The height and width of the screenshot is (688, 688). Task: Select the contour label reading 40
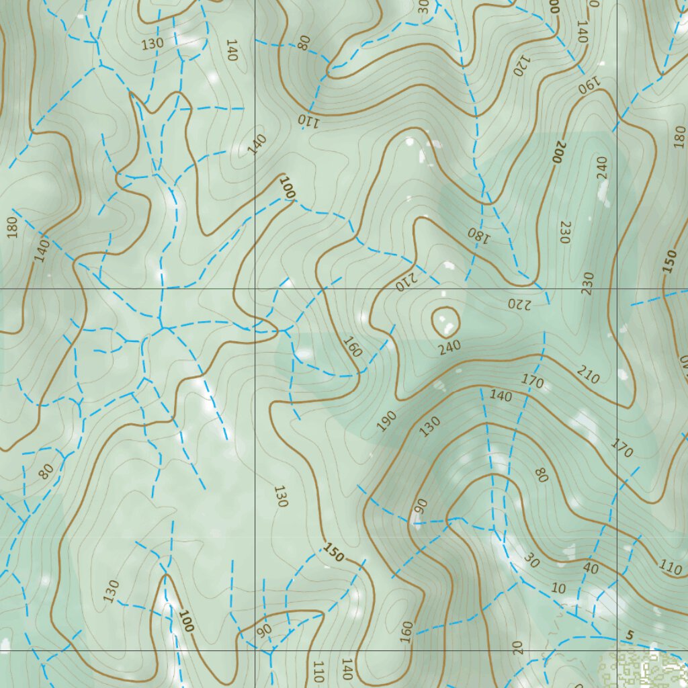591,567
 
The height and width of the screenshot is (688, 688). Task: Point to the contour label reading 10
558,589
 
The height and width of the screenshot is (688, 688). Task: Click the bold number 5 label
630,636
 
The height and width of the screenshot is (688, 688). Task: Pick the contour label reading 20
516,648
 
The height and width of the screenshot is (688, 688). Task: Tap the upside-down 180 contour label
475,234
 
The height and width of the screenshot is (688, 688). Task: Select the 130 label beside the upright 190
431,426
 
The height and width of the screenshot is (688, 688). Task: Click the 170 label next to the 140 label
533,382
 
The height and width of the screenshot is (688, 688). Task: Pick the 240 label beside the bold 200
601,167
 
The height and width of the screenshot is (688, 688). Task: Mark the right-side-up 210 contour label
588,375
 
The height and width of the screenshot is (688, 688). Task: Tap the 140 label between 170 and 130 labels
501,396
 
